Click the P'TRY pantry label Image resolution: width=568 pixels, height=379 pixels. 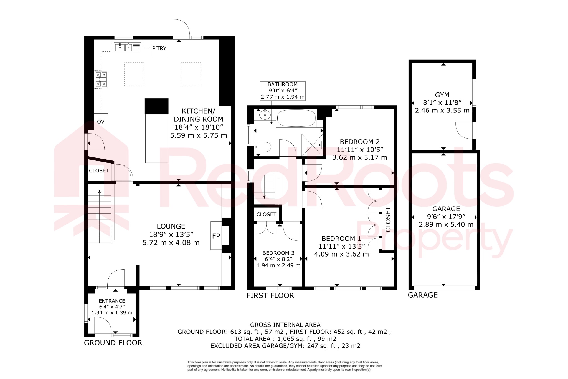pos(159,48)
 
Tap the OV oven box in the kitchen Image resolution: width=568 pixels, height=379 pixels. pos(101,122)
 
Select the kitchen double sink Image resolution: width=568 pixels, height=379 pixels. pos(127,47)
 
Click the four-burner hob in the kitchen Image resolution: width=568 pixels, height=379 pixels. pos(101,79)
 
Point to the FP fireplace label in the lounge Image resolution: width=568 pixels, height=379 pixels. pos(216,236)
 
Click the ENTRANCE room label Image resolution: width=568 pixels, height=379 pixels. pos(112,301)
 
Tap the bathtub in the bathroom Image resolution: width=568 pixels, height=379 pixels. pos(296,118)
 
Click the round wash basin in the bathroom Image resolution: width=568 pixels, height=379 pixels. pos(265,114)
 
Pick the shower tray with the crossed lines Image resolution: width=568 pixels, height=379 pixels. pos(312,145)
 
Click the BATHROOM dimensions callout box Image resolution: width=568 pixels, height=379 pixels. pos(282,91)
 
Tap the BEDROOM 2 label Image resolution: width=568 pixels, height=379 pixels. pos(360,142)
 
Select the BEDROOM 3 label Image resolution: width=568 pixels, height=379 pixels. pos(278,253)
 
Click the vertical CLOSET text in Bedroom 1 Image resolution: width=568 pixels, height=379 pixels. pos(388,219)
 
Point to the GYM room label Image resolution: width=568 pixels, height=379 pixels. pos(442,95)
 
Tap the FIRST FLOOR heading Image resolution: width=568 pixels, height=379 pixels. pos(270,296)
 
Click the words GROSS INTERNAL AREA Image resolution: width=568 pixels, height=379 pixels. pos(285,325)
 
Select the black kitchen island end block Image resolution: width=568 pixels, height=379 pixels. pos(157,106)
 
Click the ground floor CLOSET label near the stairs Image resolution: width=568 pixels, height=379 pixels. pos(99,171)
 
